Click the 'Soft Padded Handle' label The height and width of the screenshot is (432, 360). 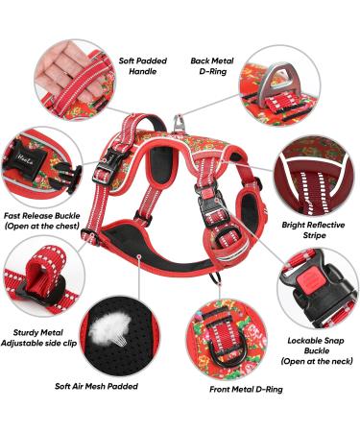tap(142, 66)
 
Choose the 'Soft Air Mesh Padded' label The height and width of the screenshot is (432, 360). tap(123, 386)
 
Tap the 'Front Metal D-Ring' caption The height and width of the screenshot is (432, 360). tap(246, 391)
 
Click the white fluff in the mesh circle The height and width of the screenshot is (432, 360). tap(117, 329)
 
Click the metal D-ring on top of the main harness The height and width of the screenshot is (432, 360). tap(180, 122)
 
